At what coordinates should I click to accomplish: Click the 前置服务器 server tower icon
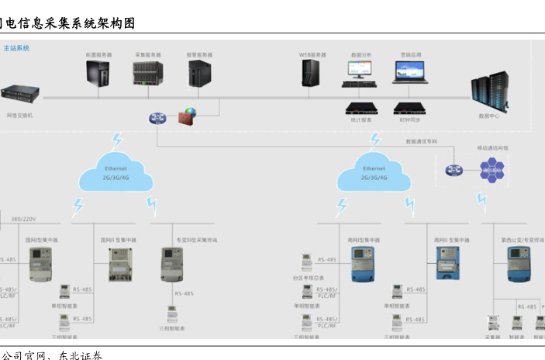(99, 73)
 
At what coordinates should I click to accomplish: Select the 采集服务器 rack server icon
(147, 73)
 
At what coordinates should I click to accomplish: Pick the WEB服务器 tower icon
(312, 74)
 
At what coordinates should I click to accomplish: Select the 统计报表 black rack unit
(361, 108)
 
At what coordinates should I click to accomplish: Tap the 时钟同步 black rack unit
(410, 108)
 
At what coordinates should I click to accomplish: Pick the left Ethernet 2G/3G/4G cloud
(115, 173)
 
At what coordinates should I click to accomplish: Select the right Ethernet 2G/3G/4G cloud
(374, 173)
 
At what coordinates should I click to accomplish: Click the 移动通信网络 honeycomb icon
(492, 171)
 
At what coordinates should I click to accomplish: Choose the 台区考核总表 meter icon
(306, 260)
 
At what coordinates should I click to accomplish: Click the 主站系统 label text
(16, 48)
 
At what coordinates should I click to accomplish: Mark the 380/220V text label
(23, 220)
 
